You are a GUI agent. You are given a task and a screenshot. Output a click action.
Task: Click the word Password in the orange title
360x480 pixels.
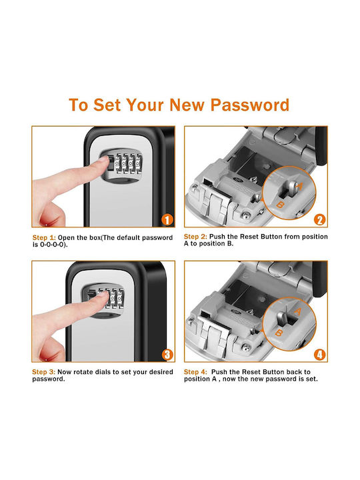[x=249, y=105]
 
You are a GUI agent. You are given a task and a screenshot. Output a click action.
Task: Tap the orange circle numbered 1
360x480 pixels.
[x=167, y=219]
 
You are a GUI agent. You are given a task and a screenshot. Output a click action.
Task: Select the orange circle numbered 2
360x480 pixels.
[x=319, y=220]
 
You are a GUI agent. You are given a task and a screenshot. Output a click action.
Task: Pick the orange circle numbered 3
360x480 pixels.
[x=167, y=355]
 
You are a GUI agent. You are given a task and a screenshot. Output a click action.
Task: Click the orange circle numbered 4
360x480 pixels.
[x=319, y=355]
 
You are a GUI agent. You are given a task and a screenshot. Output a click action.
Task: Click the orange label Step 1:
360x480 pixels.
[x=44, y=238]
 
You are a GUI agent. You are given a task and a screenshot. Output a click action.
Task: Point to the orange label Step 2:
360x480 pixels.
[x=195, y=237]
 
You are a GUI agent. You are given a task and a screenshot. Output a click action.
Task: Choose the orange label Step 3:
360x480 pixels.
[x=44, y=372]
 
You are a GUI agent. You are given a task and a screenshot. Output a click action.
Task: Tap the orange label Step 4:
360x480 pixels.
[x=195, y=372]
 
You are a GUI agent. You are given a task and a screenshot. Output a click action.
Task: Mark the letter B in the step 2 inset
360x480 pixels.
[x=280, y=205]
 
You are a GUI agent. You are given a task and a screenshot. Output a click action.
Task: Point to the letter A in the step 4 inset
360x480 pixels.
[x=297, y=311]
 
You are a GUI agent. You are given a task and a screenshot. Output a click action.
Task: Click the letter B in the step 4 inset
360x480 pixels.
[x=279, y=333]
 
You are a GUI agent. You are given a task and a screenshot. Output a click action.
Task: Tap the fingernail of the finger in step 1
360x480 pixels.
[x=104, y=159]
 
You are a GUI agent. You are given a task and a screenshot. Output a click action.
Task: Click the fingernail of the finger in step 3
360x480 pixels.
[x=103, y=295]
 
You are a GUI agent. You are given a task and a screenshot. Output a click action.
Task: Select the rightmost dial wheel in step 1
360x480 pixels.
[x=139, y=164]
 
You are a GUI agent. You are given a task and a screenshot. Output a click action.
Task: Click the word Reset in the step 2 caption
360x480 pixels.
[x=248, y=237]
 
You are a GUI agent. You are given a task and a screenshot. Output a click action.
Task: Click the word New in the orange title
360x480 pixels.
[x=187, y=105]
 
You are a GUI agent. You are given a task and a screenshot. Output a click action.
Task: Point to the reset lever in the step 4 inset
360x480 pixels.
[x=281, y=320]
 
